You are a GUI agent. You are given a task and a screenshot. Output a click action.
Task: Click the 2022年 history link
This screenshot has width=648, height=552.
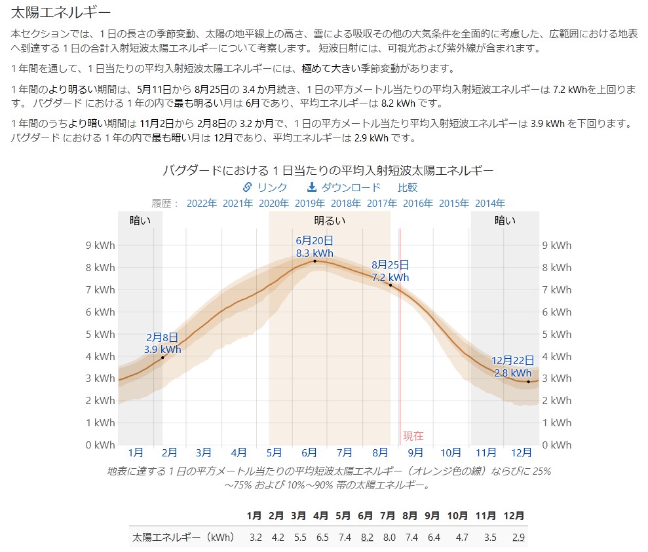point(201,203)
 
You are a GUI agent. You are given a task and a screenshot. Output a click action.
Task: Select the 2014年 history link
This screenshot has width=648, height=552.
point(489,203)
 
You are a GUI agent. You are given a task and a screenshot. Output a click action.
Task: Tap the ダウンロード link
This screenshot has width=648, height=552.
point(343,187)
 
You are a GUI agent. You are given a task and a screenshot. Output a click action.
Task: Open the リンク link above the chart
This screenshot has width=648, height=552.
point(265,187)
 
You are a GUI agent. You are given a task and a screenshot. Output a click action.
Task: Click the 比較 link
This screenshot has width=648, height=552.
point(408,187)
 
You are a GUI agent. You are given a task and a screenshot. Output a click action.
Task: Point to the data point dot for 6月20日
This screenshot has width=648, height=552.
point(314,261)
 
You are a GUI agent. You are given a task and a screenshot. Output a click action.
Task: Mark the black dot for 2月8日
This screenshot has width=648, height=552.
point(162,357)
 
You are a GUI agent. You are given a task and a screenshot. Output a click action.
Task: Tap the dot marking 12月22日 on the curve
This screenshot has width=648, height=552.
point(529,381)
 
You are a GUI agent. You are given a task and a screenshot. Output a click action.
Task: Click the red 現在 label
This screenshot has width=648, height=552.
point(413,435)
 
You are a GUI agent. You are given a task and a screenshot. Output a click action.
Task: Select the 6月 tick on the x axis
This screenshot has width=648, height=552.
point(309,452)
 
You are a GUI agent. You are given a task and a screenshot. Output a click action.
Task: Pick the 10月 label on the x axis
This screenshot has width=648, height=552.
point(451,452)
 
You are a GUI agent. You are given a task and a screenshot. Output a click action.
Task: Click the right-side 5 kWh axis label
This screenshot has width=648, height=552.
point(557,334)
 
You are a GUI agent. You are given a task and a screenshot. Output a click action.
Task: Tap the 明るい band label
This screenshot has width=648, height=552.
point(330,221)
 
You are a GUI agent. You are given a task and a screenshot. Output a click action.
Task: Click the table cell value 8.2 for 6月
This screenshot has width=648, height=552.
point(367,538)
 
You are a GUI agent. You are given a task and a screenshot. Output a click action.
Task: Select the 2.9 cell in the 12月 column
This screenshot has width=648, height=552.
point(518,538)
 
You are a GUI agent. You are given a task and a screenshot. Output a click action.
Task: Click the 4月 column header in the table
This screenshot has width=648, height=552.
point(321,515)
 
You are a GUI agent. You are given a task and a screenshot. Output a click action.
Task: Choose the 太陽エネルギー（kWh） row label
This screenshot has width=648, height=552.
point(183,538)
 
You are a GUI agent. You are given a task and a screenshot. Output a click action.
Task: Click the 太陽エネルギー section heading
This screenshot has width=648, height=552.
point(60,12)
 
